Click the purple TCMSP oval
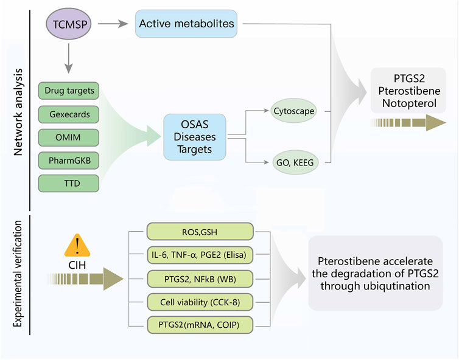coord(69,24)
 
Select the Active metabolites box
coord(186,24)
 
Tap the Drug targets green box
coord(69,91)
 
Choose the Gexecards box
coord(69,114)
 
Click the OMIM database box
coord(69,137)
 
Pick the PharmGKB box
coord(69,161)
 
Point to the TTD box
coord(69,184)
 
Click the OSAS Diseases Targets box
coord(195,137)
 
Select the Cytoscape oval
coord(293,111)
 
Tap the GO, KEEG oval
coord(295,162)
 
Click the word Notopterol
coord(409,103)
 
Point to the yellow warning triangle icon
coord(77,245)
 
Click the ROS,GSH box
coord(200,232)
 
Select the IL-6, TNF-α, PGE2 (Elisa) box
coord(200,255)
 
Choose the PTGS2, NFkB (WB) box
coord(200,279)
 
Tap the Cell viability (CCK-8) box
coord(200,302)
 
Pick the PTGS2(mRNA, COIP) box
coord(200,325)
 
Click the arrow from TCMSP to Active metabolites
coord(113,24)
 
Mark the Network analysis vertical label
coord(18,112)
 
